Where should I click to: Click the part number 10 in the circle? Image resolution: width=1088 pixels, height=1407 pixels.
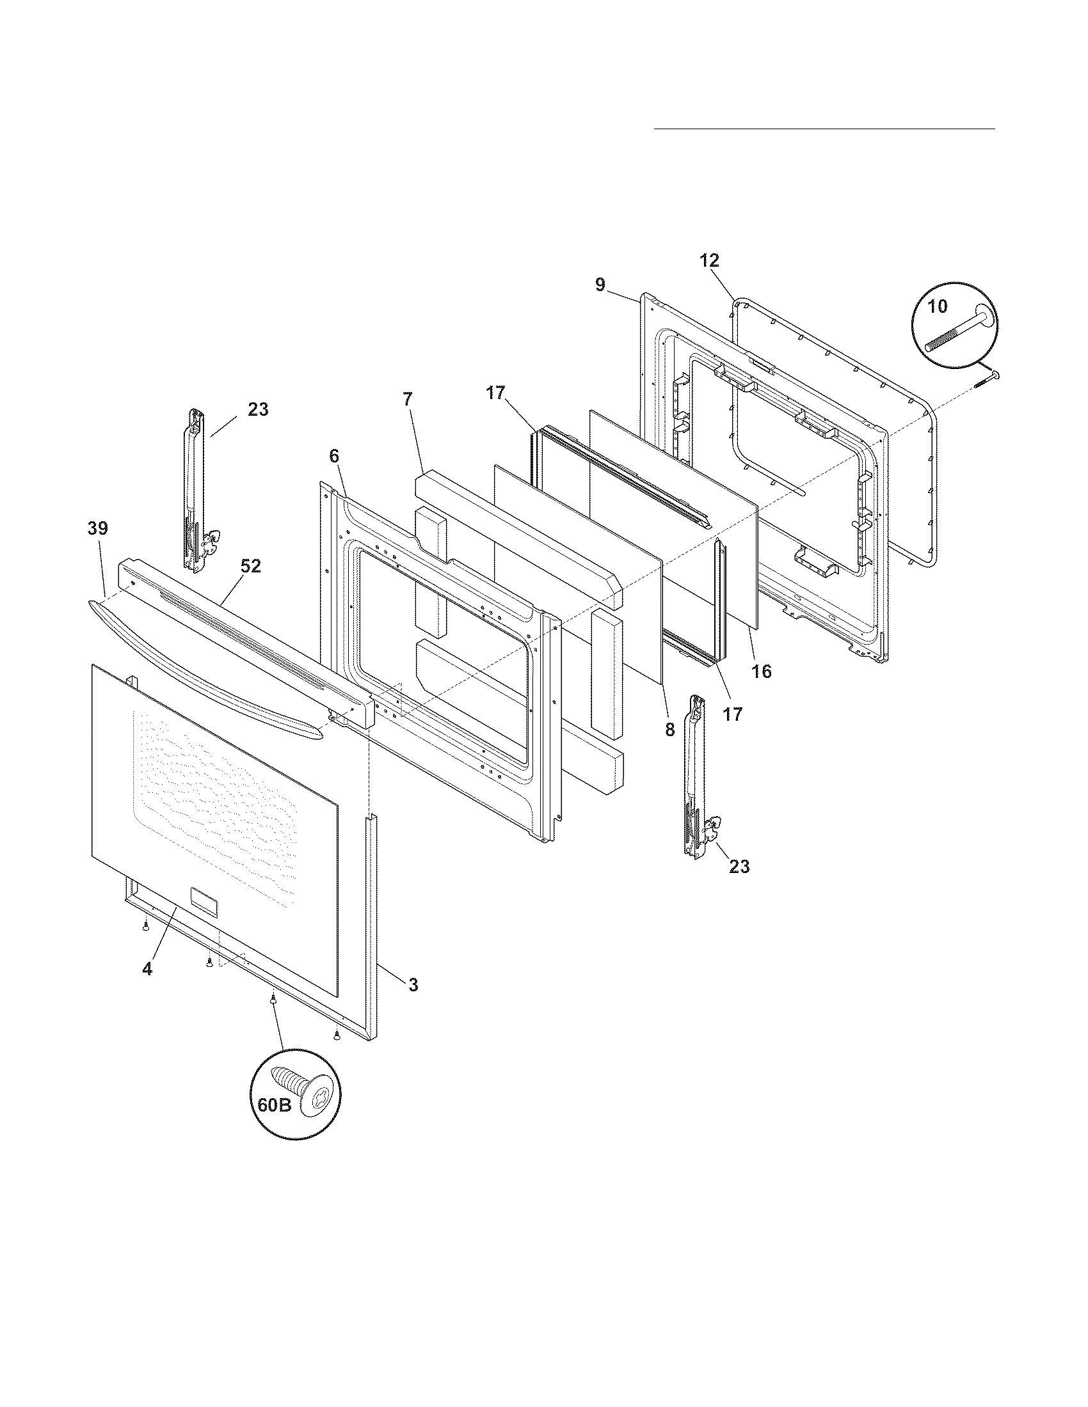click(938, 306)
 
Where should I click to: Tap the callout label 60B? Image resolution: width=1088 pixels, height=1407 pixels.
click(275, 1105)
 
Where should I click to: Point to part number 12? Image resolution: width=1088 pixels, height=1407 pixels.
click(709, 261)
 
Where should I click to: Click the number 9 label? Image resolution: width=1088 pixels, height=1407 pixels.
click(600, 285)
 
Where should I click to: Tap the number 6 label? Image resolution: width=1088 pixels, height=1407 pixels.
click(333, 456)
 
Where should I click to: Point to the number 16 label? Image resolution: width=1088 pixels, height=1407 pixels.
click(761, 672)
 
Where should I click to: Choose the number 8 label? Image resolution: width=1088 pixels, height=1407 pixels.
click(669, 729)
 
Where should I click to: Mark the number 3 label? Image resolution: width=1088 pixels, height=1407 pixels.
click(413, 984)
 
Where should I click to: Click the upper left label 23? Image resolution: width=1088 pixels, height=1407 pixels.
click(258, 409)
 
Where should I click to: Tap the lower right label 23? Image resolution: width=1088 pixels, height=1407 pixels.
click(739, 867)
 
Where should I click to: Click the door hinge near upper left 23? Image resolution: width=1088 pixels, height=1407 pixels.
click(196, 490)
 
